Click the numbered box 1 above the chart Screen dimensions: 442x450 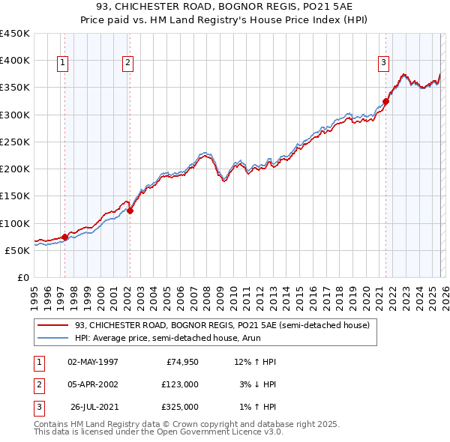pyautogui.click(x=62, y=64)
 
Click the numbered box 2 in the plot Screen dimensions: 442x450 pyautogui.click(x=128, y=64)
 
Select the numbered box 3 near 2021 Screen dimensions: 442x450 pyautogui.click(x=383, y=64)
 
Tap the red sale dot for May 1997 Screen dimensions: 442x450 pyautogui.click(x=64, y=237)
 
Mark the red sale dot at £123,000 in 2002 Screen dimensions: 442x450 pyautogui.click(x=130, y=211)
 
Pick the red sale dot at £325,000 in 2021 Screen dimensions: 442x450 pyautogui.click(x=386, y=101)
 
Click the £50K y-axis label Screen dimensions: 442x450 pyautogui.click(x=18, y=250)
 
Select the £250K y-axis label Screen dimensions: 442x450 pyautogui.click(x=15, y=142)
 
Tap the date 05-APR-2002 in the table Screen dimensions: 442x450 pyautogui.click(x=92, y=384)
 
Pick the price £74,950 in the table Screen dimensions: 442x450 pyautogui.click(x=180, y=362)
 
